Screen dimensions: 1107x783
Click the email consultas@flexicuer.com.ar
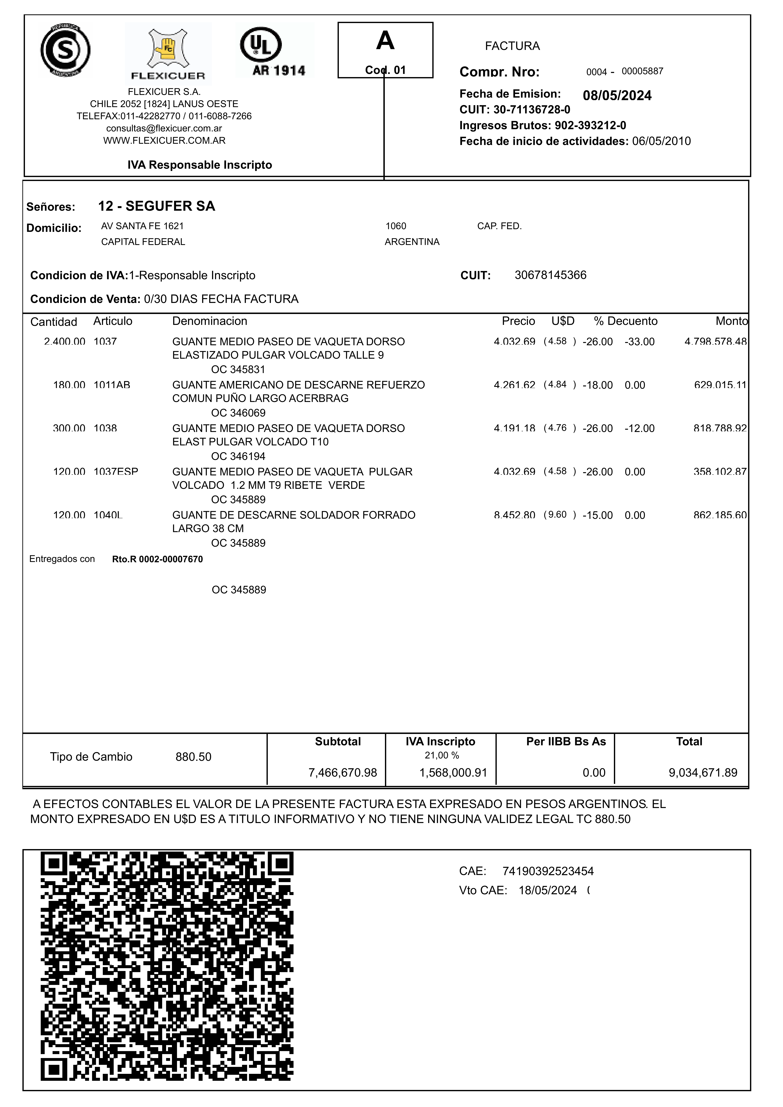tap(164, 128)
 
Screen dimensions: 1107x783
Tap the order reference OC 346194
tap(238, 456)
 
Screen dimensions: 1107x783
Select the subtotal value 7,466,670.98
tap(342, 773)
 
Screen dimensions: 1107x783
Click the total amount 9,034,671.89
tap(702, 773)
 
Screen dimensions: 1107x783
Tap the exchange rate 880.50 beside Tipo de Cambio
tap(193, 757)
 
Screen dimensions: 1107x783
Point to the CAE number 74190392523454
tap(548, 871)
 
